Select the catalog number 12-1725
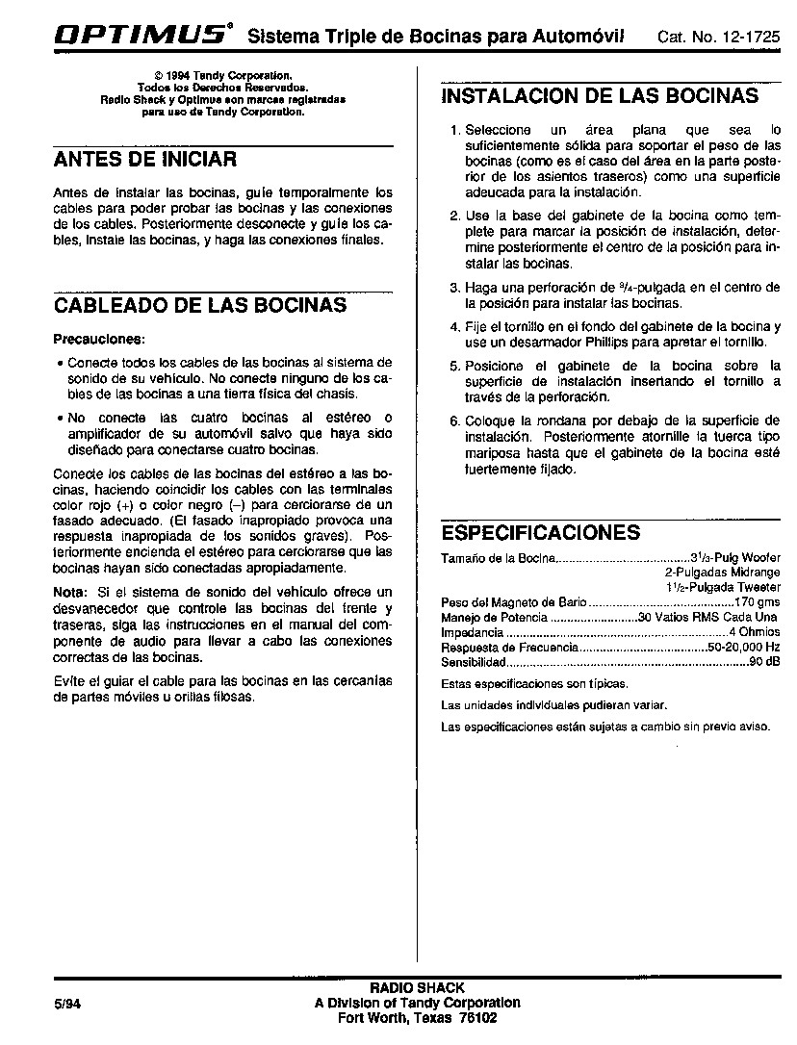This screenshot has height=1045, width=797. coord(747,38)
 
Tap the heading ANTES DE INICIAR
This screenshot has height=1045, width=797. coord(145,159)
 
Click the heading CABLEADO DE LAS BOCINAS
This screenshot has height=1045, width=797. coord(200,305)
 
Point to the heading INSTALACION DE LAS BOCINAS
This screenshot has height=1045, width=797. coord(600,96)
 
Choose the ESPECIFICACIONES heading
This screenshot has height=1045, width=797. coord(540,532)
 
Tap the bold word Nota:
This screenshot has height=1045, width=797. coord(69,591)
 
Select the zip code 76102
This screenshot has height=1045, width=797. coord(478,1017)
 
